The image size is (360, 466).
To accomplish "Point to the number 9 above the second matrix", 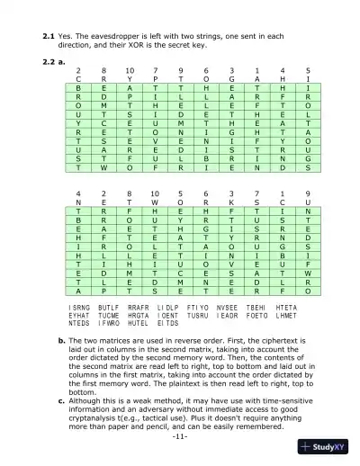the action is click(x=308, y=193).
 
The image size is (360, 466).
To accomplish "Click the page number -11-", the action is click(x=180, y=446).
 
